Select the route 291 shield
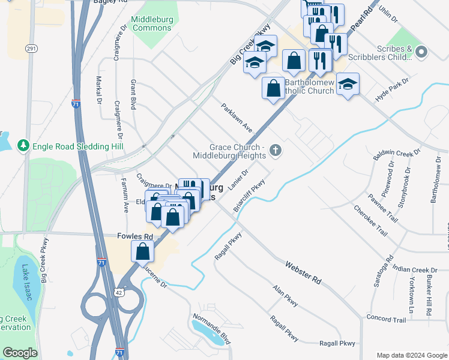coord(32,47)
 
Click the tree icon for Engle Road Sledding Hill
coord(23,145)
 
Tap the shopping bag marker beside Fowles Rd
coord(143,251)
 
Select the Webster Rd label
coord(303,272)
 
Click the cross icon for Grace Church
coord(276,150)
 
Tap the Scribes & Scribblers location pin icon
coord(421,52)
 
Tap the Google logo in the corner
coord(20,353)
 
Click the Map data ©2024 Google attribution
coord(411,355)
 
